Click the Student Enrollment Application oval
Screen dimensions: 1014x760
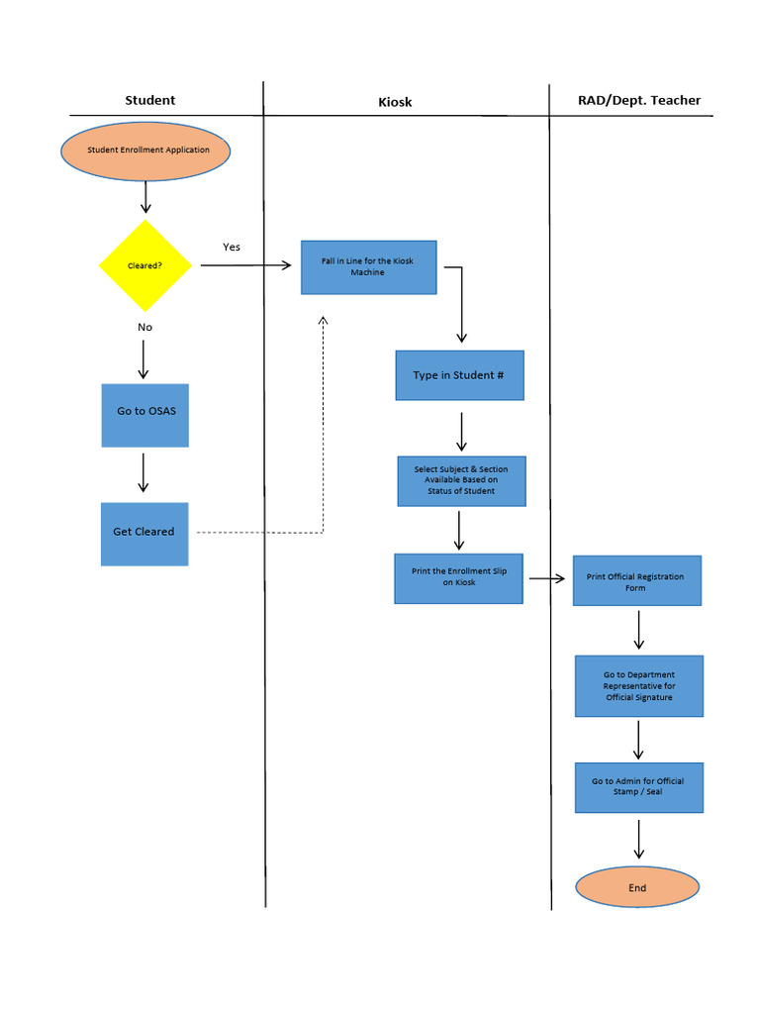pyautogui.click(x=146, y=151)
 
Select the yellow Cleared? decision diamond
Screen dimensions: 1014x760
pyautogui.click(x=145, y=265)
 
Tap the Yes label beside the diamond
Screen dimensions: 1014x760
pyautogui.click(x=232, y=247)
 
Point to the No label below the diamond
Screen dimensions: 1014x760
pyautogui.click(x=145, y=327)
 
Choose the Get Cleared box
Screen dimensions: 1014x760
pyautogui.click(x=144, y=533)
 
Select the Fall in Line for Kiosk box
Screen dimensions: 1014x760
pyautogui.click(x=368, y=267)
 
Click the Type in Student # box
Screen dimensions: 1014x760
pyautogui.click(x=459, y=375)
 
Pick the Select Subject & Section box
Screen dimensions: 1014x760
pyautogui.click(x=461, y=480)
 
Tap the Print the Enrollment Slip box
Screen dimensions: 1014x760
pyautogui.click(x=458, y=577)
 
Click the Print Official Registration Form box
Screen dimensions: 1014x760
pyautogui.click(x=636, y=581)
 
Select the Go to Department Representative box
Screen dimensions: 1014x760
pyautogui.click(x=638, y=686)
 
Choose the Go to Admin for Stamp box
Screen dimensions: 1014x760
pyautogui.click(x=638, y=787)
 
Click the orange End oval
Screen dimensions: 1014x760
pyautogui.click(x=637, y=887)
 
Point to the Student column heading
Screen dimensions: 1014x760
pyautogui.click(x=150, y=100)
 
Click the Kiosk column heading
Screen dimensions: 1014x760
pyautogui.click(x=395, y=102)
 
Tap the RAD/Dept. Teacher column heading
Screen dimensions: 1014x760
pyautogui.click(x=638, y=100)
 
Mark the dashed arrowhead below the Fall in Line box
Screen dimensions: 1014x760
pyautogui.click(x=323, y=321)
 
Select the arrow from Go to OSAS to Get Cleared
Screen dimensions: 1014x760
pyautogui.click(x=143, y=473)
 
